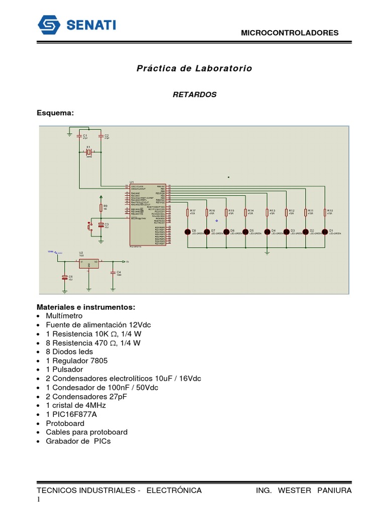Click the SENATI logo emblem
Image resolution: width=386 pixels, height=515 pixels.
click(49, 25)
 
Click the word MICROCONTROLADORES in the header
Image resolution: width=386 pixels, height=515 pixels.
click(290, 33)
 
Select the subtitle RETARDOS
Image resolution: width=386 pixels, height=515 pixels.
click(195, 95)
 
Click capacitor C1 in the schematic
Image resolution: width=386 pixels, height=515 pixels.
click(79, 136)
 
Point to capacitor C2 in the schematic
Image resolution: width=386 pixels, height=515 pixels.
click(101, 136)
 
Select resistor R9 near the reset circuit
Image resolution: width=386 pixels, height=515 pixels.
click(101, 208)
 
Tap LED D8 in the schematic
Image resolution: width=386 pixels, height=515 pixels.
click(187, 231)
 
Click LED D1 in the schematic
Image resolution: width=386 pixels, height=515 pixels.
click(325, 231)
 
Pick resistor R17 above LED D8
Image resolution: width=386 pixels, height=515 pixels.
click(187, 213)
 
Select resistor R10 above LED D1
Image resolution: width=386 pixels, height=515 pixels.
click(325, 213)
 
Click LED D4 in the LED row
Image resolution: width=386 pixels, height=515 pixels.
click(267, 231)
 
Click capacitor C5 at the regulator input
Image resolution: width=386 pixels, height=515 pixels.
click(64, 277)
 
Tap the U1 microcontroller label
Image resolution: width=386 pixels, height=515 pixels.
click(132, 182)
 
